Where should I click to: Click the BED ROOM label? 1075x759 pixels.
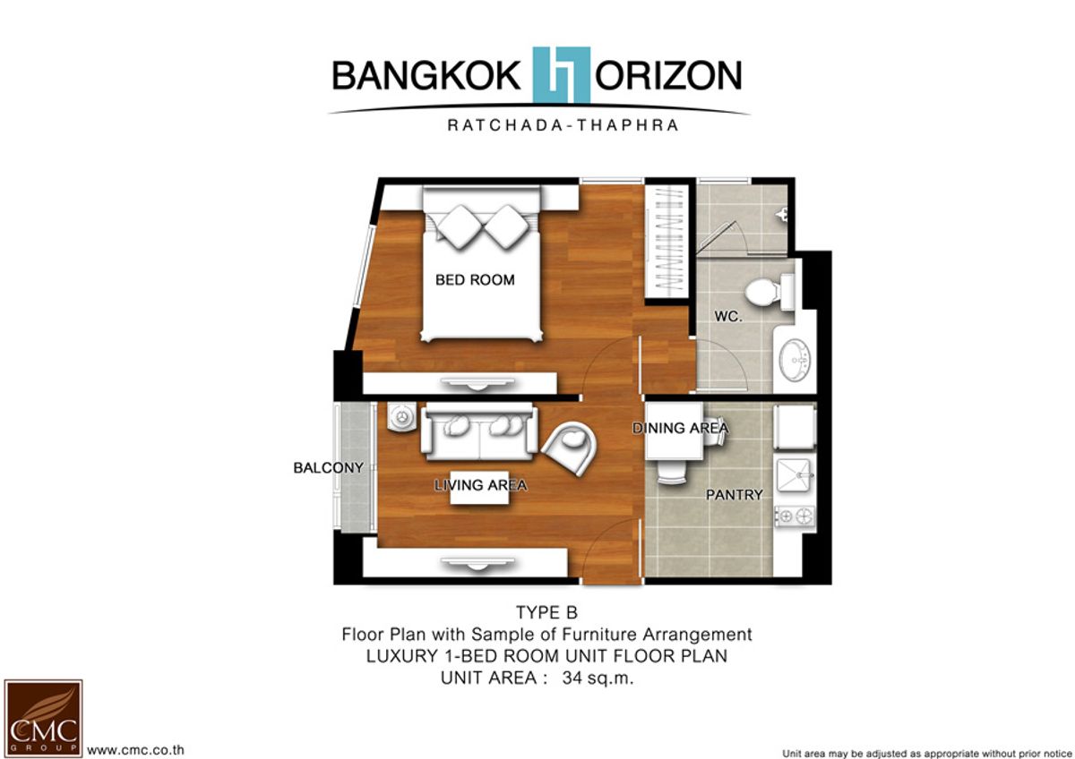pyautogui.click(x=475, y=279)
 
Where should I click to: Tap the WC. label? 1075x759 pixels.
pyautogui.click(x=728, y=317)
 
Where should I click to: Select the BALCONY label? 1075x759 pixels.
pyautogui.click(x=328, y=467)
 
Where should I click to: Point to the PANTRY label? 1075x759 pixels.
pyautogui.click(x=735, y=494)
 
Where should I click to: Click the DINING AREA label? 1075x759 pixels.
pyautogui.click(x=680, y=428)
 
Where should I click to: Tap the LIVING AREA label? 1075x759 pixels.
pyautogui.click(x=480, y=485)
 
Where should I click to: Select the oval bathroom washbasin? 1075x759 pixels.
pyautogui.click(x=795, y=360)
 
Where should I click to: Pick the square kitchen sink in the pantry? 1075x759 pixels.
pyautogui.click(x=794, y=475)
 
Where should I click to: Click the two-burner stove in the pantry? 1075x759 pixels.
pyautogui.click(x=795, y=516)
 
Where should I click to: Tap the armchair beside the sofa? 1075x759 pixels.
pyautogui.click(x=569, y=448)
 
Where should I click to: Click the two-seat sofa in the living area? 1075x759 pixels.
pyautogui.click(x=479, y=431)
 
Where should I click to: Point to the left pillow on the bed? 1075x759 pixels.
pyautogui.click(x=460, y=226)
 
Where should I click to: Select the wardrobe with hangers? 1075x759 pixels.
pyautogui.click(x=667, y=242)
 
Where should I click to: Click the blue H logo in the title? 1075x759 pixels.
pyautogui.click(x=562, y=75)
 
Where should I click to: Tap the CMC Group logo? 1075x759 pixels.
pyautogui.click(x=43, y=717)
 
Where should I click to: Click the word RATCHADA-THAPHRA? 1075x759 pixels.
pyautogui.click(x=563, y=125)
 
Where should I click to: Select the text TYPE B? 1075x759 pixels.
pyautogui.click(x=546, y=612)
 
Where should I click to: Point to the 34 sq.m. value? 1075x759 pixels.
pyautogui.click(x=598, y=678)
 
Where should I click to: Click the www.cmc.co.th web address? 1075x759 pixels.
pyautogui.click(x=135, y=750)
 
